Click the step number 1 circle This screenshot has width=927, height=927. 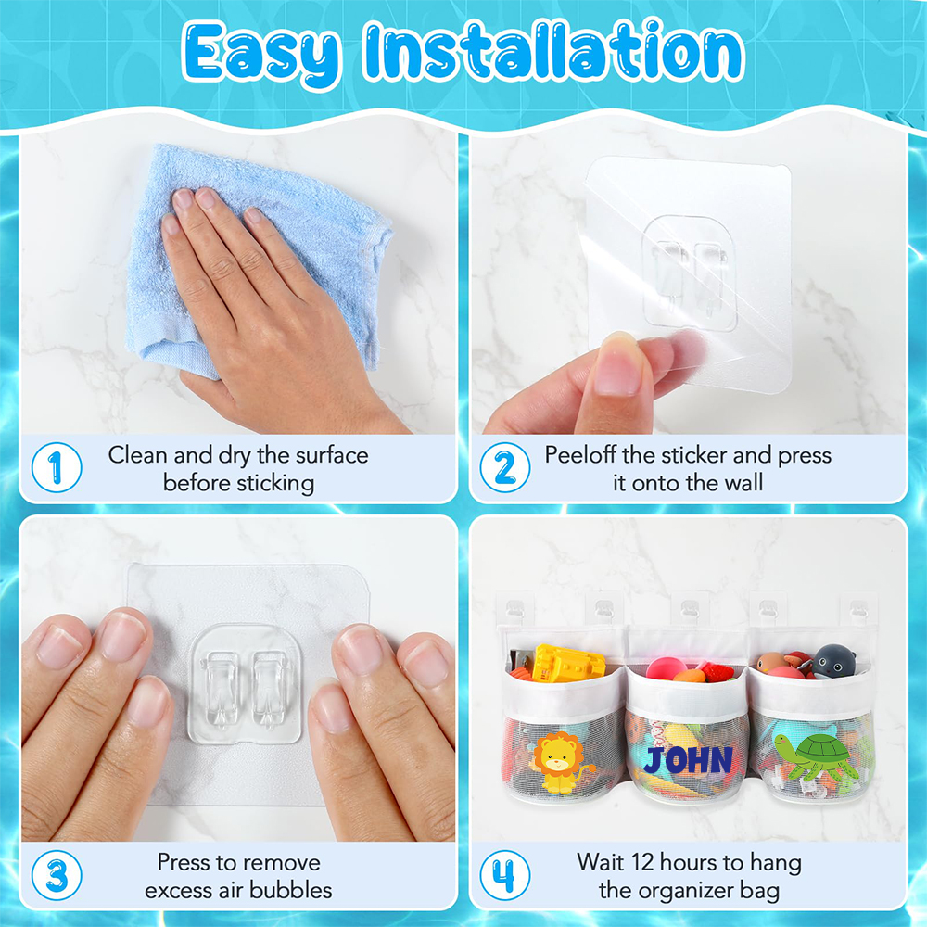pyautogui.click(x=57, y=467)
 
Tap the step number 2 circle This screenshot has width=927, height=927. pyautogui.click(x=505, y=467)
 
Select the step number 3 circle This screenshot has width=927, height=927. pyautogui.click(x=57, y=876)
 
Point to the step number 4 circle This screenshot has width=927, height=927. pyautogui.click(x=505, y=876)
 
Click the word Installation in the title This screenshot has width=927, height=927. pyautogui.click(x=554, y=51)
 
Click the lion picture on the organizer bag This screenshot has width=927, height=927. pyautogui.click(x=559, y=763)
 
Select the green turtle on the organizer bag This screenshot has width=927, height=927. pyautogui.click(x=815, y=756)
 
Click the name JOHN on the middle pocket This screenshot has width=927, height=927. pyautogui.click(x=688, y=760)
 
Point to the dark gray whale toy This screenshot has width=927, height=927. pyautogui.click(x=832, y=661)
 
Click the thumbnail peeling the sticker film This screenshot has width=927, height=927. pyautogui.click(x=617, y=365)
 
